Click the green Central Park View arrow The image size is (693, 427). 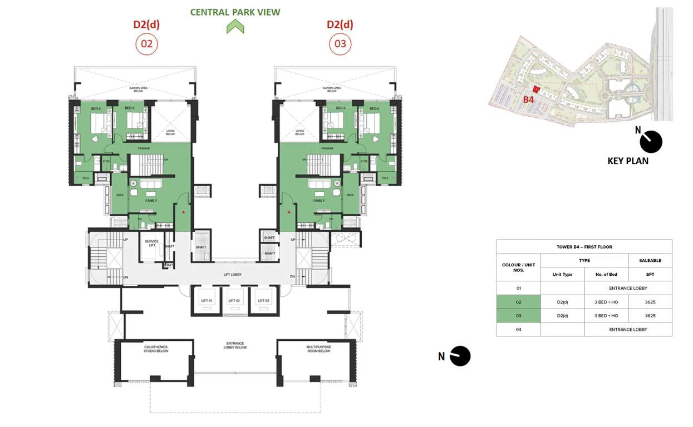coord(235,26)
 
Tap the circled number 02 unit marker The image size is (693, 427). coord(146,44)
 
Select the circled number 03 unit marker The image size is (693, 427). coord(340,44)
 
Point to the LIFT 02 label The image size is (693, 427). coord(235,301)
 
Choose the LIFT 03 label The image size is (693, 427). coord(263,301)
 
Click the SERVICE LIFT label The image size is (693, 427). coord(151,244)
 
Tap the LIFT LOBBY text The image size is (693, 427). coord(235,275)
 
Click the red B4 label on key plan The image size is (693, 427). coord(528,100)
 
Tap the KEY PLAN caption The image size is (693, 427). coord(627,161)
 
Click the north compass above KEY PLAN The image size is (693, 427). coord(650,142)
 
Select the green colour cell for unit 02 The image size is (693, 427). coord(518,302)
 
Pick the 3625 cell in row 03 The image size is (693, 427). coord(650,316)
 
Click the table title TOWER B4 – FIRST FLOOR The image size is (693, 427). coord(584,247)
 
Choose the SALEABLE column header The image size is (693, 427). coord(650,260)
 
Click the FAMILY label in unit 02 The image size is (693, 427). coord(151,201)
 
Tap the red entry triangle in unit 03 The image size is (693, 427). coord(289,212)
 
